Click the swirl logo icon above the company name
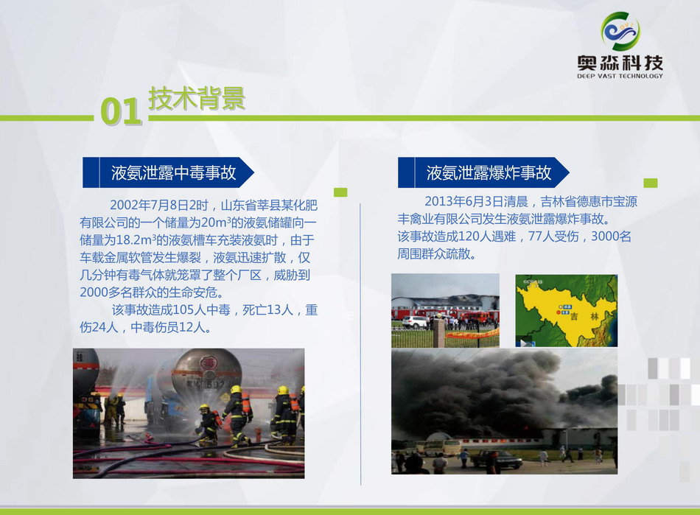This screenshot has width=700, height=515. point(620,31)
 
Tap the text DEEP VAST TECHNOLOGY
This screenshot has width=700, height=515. point(620,76)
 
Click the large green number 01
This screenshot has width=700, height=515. point(121,111)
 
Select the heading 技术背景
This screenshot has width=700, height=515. point(197,98)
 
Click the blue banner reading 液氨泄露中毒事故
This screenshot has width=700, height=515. point(168,172)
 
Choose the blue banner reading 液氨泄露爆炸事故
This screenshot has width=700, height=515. point(483,172)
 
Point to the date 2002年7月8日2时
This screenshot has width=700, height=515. point(159,206)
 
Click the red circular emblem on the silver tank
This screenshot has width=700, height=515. point(208,362)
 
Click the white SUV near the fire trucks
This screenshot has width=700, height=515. point(414,322)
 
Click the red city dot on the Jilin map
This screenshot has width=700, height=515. point(558,313)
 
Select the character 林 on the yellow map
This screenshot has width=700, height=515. point(594,316)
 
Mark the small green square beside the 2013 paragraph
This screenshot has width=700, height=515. point(651,183)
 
